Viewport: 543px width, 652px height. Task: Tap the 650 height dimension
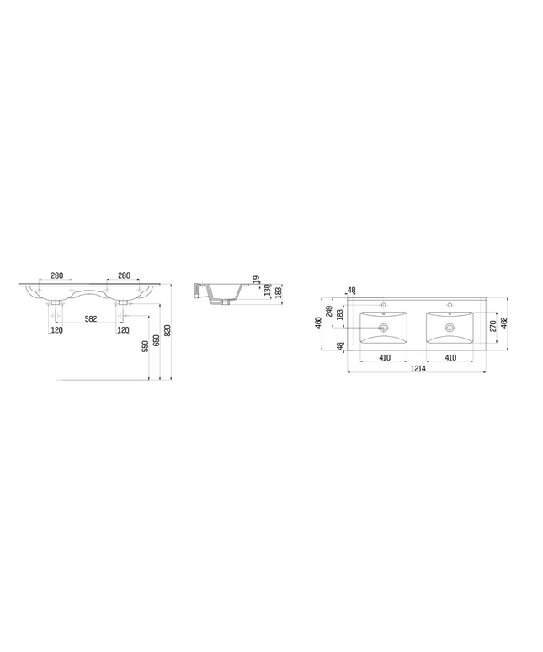click(156, 340)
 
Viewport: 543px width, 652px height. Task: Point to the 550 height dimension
click(145, 345)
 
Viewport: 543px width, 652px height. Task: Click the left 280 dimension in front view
click(56, 275)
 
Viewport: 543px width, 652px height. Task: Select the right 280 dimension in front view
click(124, 275)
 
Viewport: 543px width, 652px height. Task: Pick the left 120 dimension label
click(56, 330)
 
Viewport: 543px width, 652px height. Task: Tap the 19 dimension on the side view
click(256, 279)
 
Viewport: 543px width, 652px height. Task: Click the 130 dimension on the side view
click(267, 290)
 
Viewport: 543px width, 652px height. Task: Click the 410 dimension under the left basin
click(383, 358)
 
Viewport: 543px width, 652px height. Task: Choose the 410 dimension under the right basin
click(450, 358)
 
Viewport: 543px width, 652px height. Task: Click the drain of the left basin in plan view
click(384, 327)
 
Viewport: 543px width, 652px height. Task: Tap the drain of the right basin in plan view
click(450, 327)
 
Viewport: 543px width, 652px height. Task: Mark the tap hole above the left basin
click(384, 304)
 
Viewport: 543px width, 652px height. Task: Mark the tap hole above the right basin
click(450, 304)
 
